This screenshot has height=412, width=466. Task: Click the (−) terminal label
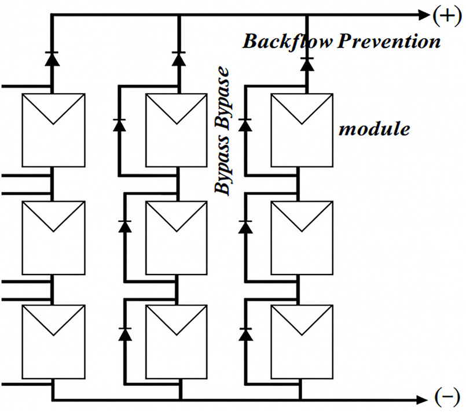click(447, 397)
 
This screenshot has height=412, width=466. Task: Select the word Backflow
click(288, 42)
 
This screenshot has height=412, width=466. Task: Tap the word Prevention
click(389, 41)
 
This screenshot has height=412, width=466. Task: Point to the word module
click(375, 129)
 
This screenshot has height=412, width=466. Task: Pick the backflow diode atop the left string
click(52, 59)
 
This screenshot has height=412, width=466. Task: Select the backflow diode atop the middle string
click(179, 59)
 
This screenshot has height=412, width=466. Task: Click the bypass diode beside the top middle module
click(119, 125)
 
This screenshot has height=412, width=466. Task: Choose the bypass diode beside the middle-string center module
click(125, 227)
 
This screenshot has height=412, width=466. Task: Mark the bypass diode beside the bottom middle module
click(125, 335)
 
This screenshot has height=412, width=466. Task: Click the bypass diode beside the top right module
click(245, 125)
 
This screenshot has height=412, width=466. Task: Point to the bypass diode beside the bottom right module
click(245, 335)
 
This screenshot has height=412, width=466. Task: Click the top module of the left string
click(53, 130)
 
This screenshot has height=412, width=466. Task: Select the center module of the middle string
click(177, 238)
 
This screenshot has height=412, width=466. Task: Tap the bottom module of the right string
click(302, 342)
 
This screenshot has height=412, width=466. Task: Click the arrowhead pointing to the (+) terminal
click(424, 15)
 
